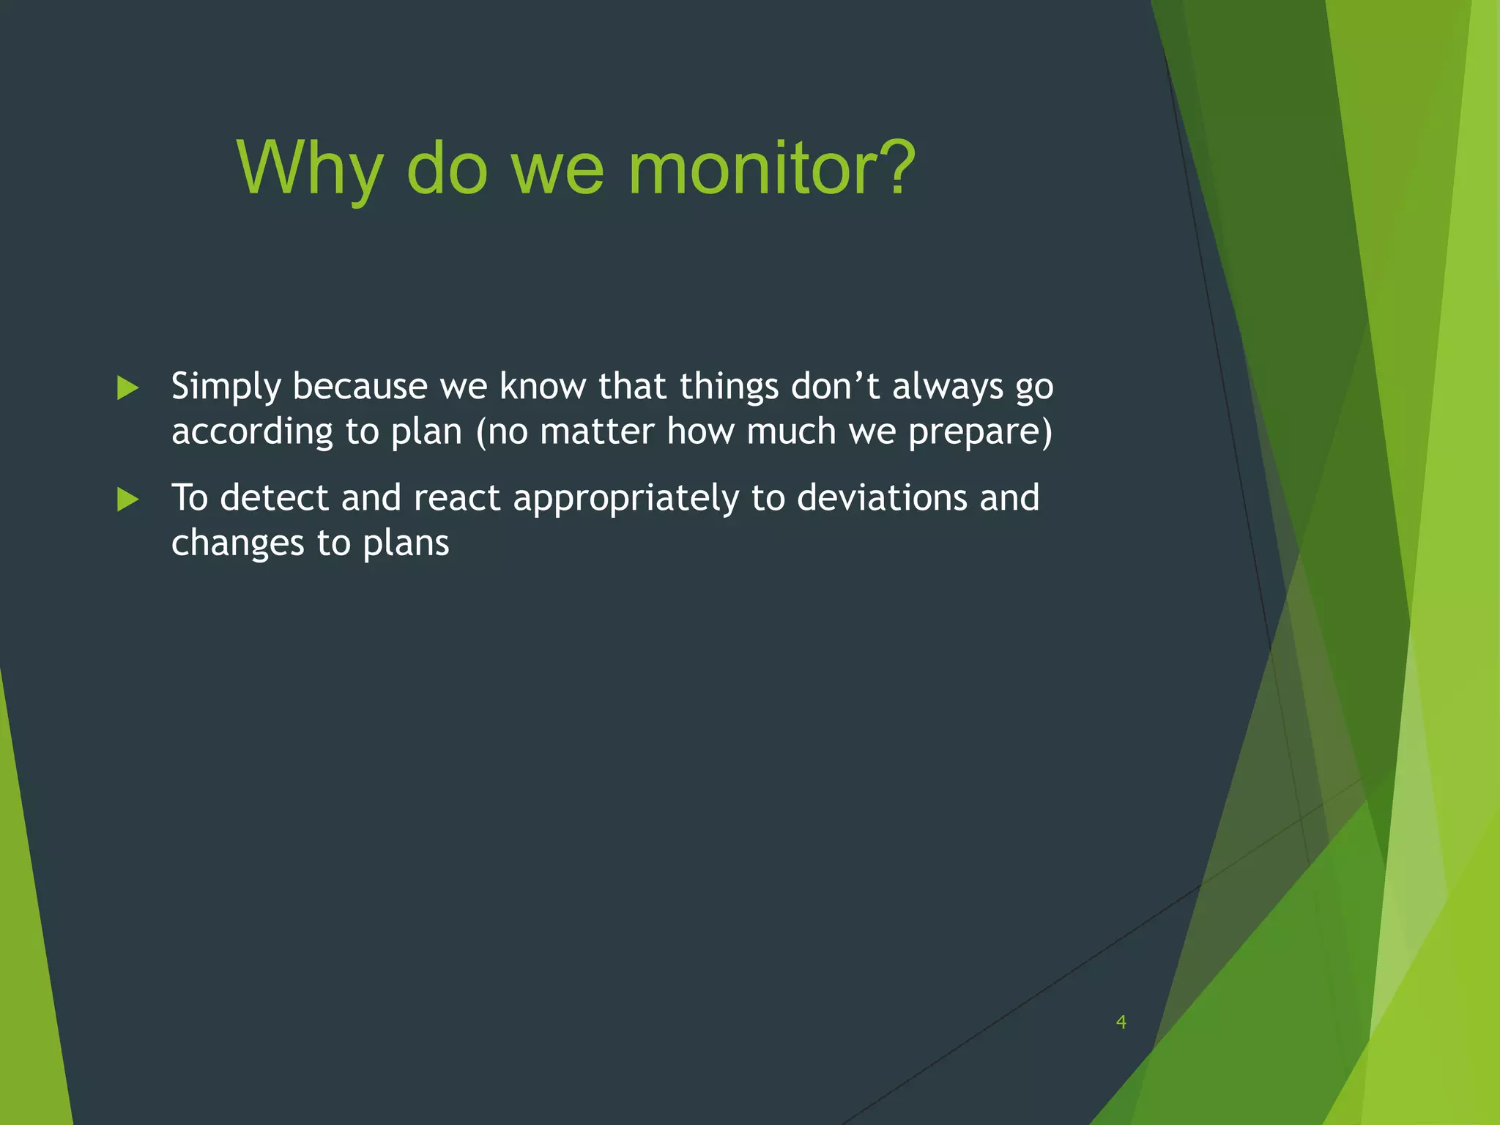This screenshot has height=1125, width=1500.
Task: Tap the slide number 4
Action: click(1121, 1022)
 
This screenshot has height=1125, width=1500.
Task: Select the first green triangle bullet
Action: click(127, 388)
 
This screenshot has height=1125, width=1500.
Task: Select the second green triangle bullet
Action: click(127, 500)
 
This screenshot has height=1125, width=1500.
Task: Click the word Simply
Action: click(226, 387)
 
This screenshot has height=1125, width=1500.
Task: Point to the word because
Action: click(360, 386)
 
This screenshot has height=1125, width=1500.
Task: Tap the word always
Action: click(947, 386)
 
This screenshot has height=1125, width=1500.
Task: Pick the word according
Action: click(252, 431)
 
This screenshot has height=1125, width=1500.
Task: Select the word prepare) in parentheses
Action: click(980, 431)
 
